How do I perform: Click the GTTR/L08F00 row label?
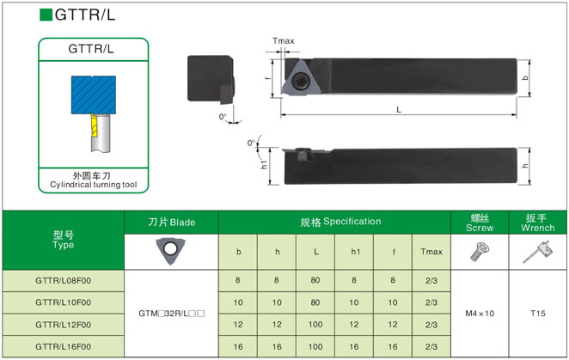click(x=63, y=280)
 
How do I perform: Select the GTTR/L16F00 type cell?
click(x=63, y=346)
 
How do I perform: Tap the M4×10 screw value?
click(x=480, y=314)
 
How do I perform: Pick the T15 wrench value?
click(x=538, y=314)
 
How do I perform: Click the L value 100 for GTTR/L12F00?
click(x=315, y=325)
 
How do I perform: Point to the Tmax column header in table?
click(x=431, y=252)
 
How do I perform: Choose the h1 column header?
click(x=356, y=252)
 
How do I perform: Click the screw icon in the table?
click(x=480, y=253)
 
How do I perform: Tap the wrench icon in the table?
click(x=538, y=252)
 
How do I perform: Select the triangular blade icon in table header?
click(x=170, y=250)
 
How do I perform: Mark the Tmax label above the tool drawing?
click(x=284, y=40)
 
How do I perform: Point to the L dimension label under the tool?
click(x=399, y=110)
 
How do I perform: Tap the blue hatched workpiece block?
click(x=94, y=95)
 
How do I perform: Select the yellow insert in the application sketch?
click(x=94, y=125)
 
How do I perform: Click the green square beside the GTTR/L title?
click(x=46, y=15)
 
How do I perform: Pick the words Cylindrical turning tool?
click(x=94, y=185)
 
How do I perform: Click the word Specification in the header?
click(x=352, y=222)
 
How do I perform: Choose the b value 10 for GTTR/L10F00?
click(x=238, y=302)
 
